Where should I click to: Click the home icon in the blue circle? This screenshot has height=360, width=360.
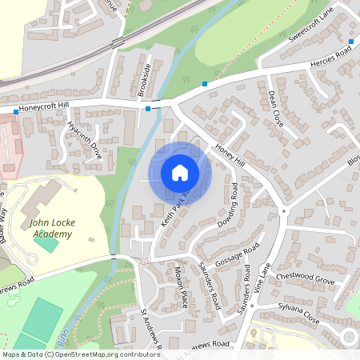(x=179, y=172)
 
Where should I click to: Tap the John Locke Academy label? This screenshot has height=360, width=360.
(x=50, y=228)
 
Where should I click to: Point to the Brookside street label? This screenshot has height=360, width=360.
(x=144, y=79)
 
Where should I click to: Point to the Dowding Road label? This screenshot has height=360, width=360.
(x=228, y=205)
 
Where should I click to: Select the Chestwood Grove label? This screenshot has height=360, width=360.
(x=305, y=281)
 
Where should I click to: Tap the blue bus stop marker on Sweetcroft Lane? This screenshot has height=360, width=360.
(x=350, y=40)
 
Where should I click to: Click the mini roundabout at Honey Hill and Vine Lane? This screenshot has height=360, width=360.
(x=284, y=212)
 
